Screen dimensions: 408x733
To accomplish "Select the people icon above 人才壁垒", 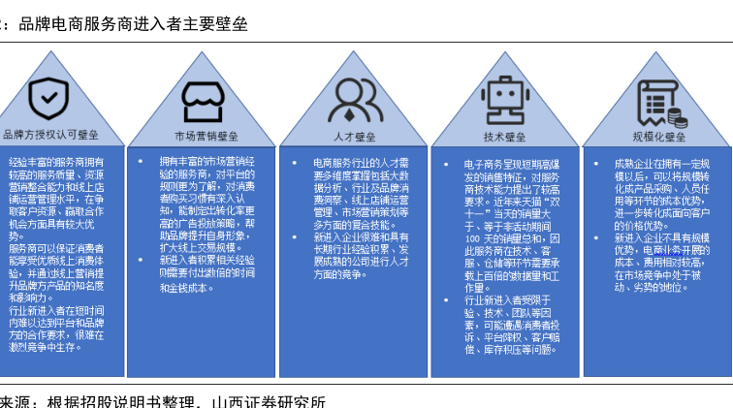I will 354,98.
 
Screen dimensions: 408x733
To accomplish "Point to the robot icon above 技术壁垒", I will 504,97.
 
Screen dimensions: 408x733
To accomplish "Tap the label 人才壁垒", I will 354,137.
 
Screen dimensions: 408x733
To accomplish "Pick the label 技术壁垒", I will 504,137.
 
